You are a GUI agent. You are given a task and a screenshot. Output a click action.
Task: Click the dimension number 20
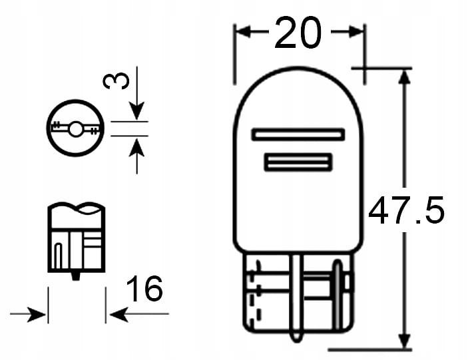pos(298,33)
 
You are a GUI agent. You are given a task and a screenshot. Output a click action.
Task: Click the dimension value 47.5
pos(406,210)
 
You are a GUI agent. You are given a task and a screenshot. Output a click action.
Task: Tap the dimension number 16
pos(144,289)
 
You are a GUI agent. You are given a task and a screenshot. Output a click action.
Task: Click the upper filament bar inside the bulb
pos(298,134)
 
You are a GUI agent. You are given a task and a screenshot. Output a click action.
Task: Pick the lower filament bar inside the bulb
pos(298,162)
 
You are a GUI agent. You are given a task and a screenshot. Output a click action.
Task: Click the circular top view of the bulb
pos(76,127)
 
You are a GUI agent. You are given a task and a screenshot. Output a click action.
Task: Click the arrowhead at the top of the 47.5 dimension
pos(403,76)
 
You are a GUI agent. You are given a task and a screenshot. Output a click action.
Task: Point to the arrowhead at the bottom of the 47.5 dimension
pos(403,342)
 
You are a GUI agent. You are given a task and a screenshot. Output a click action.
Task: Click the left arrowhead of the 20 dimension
pos(242,31)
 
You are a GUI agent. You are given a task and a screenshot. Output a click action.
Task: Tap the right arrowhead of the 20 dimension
pos(357,31)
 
